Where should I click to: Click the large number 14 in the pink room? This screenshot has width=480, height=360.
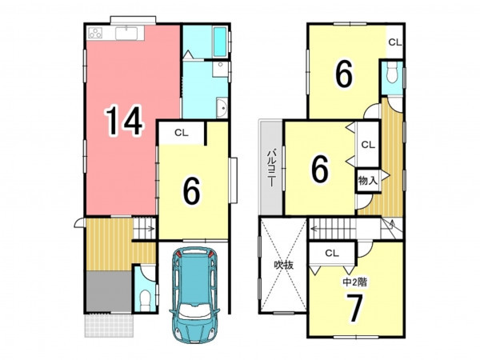tap(124, 120)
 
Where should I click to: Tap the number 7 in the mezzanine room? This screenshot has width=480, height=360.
tap(354, 308)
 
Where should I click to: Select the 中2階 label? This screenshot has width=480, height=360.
tap(354, 282)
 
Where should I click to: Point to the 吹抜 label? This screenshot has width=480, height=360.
tap(283, 265)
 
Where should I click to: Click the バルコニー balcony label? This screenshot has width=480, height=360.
tap(271, 168)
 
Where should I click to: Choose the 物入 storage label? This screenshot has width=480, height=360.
tap(368, 181)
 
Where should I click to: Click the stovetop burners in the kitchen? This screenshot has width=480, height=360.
tap(95, 33)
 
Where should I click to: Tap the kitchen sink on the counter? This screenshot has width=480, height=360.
tap(126, 34)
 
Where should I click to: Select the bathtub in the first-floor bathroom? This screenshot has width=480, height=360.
tap(220, 42)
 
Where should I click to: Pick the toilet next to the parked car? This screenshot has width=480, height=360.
tap(145, 297)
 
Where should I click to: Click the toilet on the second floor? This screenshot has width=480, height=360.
tap(392, 73)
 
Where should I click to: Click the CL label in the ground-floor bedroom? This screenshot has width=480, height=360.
tap(182, 133)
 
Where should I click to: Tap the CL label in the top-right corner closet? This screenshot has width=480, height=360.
tap(395, 42)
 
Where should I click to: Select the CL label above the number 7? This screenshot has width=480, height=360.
tap(332, 253)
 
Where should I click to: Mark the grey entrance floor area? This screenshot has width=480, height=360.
tap(109, 291)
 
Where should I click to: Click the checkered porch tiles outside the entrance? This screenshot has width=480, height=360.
tap(109, 325)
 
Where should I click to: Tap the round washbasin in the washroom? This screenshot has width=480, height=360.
tap(222, 107)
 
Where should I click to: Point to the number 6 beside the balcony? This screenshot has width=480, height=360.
tap(320, 169)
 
